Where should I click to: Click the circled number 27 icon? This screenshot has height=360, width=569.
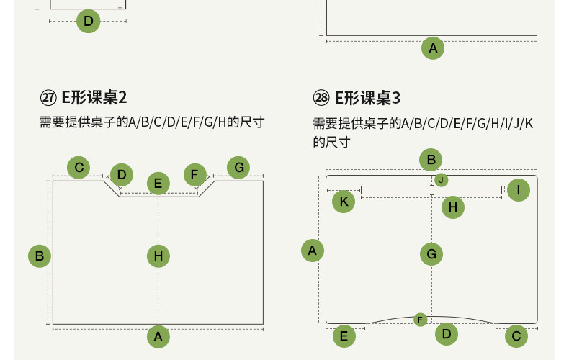pos(49,98)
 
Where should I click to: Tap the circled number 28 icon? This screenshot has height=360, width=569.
pos(321,98)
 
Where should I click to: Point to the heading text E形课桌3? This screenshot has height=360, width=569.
pos(367,98)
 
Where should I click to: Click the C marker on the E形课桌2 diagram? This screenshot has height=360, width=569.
pos(79,168)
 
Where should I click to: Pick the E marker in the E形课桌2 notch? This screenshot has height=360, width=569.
pos(158,183)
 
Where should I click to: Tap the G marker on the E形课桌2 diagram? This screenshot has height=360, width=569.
pos(238,168)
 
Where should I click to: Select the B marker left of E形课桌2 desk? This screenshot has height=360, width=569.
pos(40,256)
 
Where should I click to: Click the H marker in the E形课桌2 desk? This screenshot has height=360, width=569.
pos(158,256)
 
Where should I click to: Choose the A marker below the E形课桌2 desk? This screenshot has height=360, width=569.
pos(158,336)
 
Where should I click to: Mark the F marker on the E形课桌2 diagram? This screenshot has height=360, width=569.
pos(194,174)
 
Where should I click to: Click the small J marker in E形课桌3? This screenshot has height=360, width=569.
pos(442,180)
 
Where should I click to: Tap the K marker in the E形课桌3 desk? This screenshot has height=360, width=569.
pos(344,202)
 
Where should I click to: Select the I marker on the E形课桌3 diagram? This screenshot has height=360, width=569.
pos(518,190)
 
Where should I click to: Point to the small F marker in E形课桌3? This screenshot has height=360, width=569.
pos(421,319)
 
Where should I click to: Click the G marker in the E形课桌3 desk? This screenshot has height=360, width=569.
pos(431,253)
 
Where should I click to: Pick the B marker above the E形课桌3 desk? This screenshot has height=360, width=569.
pos(431,160)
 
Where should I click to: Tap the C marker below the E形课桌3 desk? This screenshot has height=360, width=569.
pos(516,336)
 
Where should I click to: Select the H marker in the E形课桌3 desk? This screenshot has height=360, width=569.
pos(453,207)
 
